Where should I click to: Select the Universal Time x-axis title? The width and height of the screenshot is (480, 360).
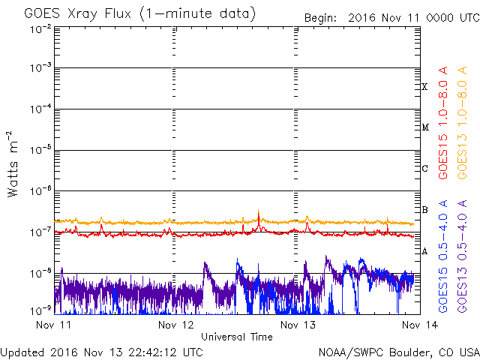(236, 337)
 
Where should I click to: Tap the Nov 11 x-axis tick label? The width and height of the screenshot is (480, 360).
(54, 325)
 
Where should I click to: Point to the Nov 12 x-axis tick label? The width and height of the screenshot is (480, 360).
(174, 325)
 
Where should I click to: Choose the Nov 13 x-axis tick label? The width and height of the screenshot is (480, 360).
(294, 325)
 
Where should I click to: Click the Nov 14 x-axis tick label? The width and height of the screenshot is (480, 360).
(413, 325)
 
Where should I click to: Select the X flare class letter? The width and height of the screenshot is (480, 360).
(424, 87)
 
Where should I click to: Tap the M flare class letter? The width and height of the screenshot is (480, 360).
(424, 127)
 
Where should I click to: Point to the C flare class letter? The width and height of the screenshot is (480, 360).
(424, 169)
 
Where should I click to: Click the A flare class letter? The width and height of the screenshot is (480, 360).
(424, 251)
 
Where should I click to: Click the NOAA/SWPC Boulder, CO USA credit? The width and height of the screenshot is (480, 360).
(398, 351)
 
